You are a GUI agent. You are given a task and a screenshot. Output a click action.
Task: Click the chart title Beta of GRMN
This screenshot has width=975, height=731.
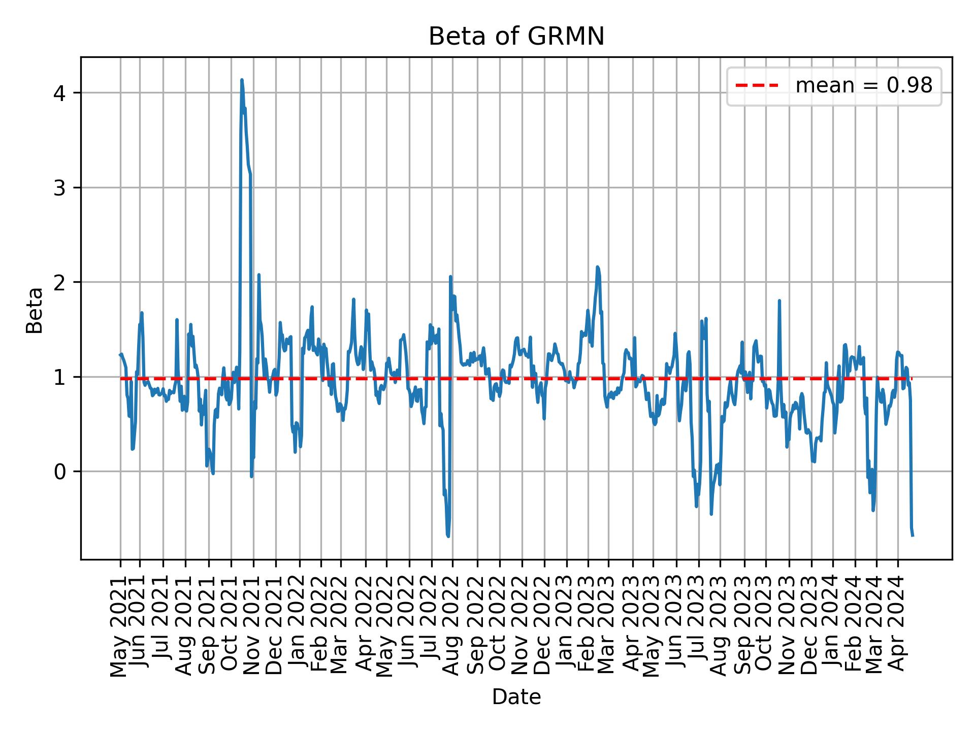coord(516,37)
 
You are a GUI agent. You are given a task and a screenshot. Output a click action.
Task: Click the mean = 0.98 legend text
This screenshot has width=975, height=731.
coord(863,86)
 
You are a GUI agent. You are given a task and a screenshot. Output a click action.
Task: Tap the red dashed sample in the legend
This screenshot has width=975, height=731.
coord(757,86)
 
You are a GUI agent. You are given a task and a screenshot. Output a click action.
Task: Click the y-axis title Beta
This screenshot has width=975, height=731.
coord(35,310)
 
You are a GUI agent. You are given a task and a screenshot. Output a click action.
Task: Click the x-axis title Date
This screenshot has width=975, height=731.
coord(516,697)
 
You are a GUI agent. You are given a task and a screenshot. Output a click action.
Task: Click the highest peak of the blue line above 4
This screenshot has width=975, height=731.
coord(242,80)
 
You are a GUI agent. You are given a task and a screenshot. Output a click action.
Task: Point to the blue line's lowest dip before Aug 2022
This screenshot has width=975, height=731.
coord(448,536)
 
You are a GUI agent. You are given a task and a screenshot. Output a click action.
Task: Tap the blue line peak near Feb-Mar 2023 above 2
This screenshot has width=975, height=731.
coord(598,267)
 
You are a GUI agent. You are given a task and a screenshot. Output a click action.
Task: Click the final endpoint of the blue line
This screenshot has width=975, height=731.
coord(913,536)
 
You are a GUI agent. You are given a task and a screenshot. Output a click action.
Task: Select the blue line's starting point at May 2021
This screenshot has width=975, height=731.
coord(120,355)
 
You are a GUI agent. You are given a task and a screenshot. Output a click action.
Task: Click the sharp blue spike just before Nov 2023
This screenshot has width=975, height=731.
coord(779,301)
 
